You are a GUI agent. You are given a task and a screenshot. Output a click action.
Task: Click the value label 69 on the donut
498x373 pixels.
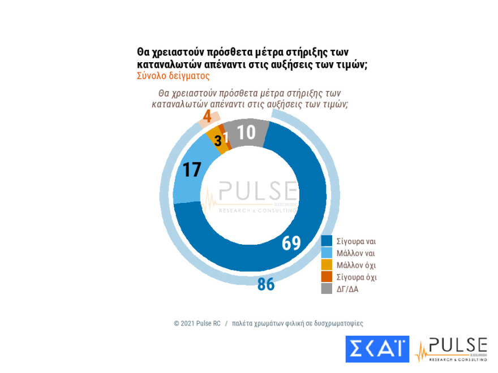click(x=291, y=243)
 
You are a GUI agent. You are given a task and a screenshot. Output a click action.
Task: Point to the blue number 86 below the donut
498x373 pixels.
click(x=265, y=284)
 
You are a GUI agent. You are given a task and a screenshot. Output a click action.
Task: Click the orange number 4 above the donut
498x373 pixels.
click(x=208, y=116)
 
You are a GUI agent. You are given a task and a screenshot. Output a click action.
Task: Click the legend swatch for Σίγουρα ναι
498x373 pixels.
click(x=327, y=241)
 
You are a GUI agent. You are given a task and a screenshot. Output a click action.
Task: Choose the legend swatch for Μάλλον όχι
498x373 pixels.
click(x=327, y=265)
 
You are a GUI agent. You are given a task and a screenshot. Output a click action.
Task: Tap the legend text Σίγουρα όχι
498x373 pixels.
click(x=357, y=277)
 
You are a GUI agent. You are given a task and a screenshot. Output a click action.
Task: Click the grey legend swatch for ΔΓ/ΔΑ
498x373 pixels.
click(x=327, y=289)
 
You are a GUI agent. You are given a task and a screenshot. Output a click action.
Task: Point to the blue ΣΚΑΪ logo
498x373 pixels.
click(x=377, y=349)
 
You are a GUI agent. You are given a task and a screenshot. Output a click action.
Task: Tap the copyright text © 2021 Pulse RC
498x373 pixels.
click(x=197, y=324)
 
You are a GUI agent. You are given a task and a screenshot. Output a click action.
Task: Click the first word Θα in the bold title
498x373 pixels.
click(x=143, y=53)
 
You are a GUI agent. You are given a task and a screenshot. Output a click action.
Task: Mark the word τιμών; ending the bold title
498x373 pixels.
click(x=352, y=64)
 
